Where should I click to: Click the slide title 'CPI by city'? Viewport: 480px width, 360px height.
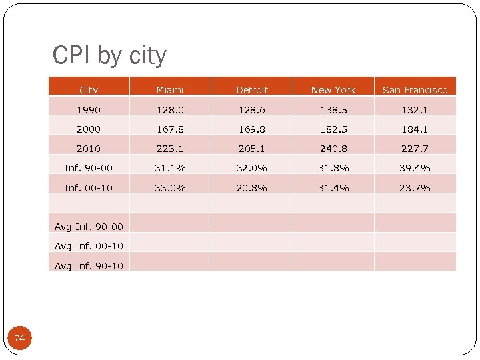click(109, 56)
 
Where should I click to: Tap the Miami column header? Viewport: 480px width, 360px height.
click(170, 90)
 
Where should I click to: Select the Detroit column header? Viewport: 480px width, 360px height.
click(252, 90)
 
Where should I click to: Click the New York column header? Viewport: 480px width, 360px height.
click(333, 90)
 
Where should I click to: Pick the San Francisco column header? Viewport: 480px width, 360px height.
click(415, 90)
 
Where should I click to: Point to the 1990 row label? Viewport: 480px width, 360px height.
click(89, 109)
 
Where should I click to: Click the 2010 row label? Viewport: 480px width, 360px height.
click(89, 149)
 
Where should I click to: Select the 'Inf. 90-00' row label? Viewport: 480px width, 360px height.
click(89, 168)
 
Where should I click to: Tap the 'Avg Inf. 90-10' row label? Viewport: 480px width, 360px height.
click(89, 266)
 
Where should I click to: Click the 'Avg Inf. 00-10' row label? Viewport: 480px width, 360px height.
click(89, 246)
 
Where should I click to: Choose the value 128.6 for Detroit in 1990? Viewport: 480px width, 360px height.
click(252, 109)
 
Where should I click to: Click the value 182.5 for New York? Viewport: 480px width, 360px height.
click(333, 129)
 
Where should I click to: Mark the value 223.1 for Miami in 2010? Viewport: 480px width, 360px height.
click(170, 149)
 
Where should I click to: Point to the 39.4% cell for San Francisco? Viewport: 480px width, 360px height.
click(415, 168)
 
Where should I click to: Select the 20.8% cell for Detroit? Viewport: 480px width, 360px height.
click(252, 188)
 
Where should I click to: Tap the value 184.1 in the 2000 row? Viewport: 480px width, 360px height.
click(415, 129)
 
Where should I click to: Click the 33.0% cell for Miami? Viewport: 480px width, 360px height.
click(170, 188)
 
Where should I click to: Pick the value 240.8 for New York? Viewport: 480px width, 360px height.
click(333, 149)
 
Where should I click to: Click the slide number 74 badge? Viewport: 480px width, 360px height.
click(19, 339)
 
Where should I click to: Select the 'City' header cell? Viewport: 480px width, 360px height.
click(89, 90)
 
